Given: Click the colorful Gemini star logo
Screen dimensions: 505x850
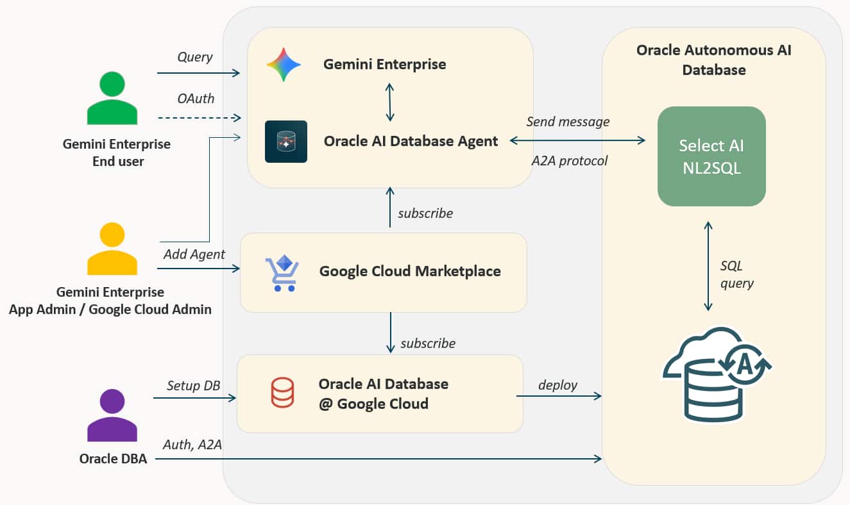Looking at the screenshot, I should pos(284,64).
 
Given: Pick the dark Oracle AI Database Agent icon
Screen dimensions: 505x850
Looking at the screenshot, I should pos(286,142).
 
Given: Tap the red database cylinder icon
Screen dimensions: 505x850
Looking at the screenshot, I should pos(282,392).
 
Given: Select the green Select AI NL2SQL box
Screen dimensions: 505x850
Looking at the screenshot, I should pos(711,156).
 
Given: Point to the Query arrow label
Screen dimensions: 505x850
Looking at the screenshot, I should pos(195,57).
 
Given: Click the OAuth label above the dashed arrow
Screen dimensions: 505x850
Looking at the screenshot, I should pos(196,99).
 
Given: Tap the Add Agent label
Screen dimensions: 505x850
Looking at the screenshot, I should pos(194,254).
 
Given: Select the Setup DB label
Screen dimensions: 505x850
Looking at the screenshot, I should pos(194,386).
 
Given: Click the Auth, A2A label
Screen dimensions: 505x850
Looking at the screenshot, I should pos(192,444).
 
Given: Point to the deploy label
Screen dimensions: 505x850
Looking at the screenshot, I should pos(557,385).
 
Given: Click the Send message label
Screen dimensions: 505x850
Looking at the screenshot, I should pos(568,121).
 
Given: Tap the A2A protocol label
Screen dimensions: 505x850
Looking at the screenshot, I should pos(569,161).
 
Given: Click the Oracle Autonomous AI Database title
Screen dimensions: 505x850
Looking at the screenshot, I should pos(713,60).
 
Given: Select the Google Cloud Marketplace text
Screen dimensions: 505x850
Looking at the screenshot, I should pos(410,271).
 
